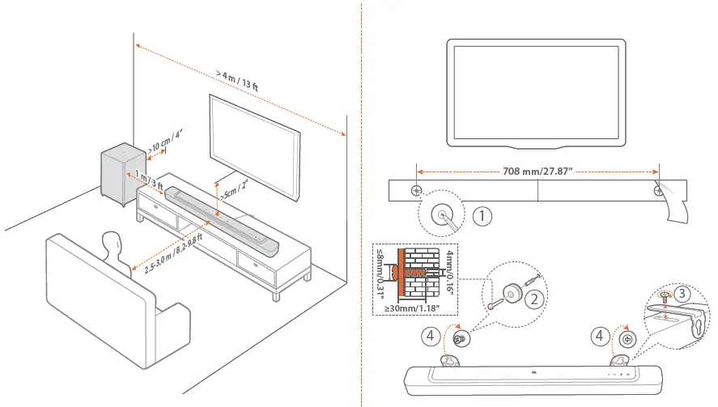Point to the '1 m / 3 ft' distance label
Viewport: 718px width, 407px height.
point(150,183)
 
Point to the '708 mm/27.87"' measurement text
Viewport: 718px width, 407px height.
point(537,172)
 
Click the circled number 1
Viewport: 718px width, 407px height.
point(482,216)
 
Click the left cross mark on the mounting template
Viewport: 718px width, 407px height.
point(416,191)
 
